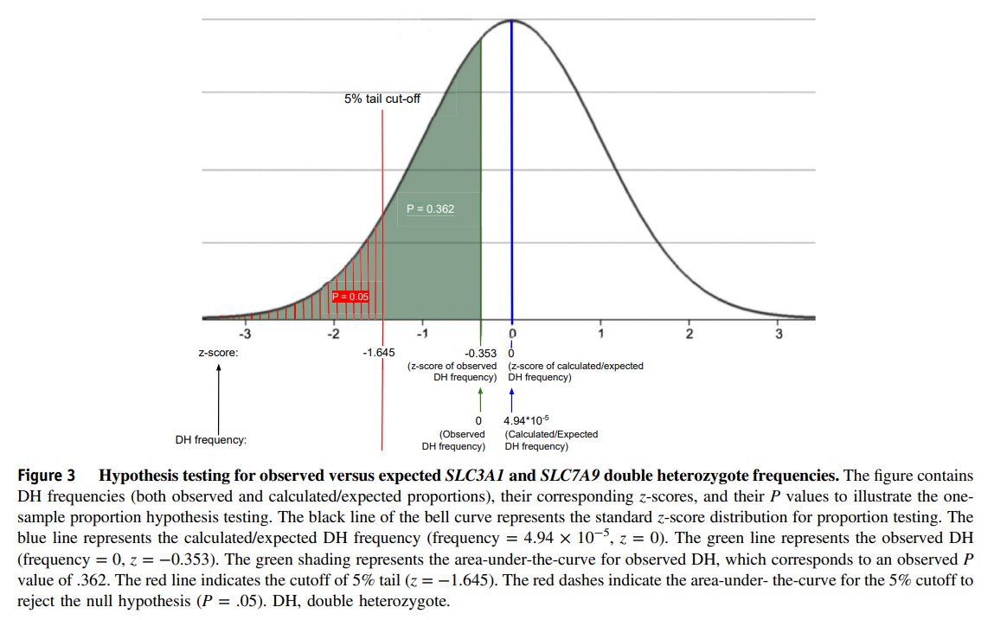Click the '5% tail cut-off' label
pyautogui.click(x=382, y=99)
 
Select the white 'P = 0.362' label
pyautogui.click(x=430, y=208)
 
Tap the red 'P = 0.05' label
pyautogui.click(x=350, y=297)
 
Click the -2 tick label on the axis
pyautogui.click(x=333, y=334)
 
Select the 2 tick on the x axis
pyautogui.click(x=689, y=334)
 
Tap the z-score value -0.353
pyautogui.click(x=480, y=353)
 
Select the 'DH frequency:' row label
pyautogui.click(x=211, y=440)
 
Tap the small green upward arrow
pyautogui.click(x=480, y=399)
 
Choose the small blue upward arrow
pyautogui.click(x=512, y=399)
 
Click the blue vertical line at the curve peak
pyautogui.click(x=512, y=173)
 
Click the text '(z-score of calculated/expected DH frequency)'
pyautogui.click(x=574, y=372)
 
